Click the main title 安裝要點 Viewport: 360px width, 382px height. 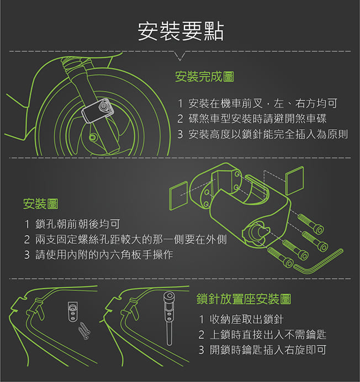[181, 31]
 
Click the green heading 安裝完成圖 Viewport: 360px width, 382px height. [204, 77]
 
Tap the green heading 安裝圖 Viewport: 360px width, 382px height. [41, 204]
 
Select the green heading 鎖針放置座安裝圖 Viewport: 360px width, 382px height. [243, 299]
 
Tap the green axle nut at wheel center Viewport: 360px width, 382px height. [92, 137]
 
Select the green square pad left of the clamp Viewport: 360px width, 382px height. [179, 195]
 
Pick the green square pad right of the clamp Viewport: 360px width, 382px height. [295, 181]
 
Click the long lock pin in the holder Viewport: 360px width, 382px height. [169, 319]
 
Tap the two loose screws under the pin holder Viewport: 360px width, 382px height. [84, 331]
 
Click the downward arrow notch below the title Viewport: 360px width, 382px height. [180, 56]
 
